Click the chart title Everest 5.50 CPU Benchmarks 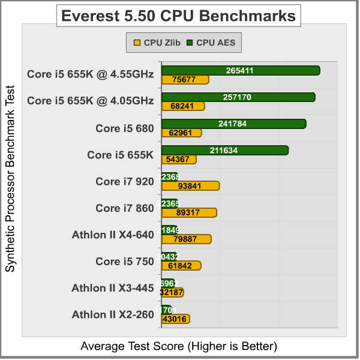click(x=178, y=16)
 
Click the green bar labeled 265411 click(x=240, y=71)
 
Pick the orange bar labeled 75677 click(x=185, y=80)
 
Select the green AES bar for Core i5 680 click(x=233, y=124)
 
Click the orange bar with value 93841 click(x=190, y=186)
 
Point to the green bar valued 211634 click(x=224, y=150)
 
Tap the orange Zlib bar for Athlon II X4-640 click(x=186, y=239)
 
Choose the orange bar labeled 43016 click(x=175, y=319)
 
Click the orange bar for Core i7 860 click(x=189, y=212)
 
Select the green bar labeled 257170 click(x=238, y=97)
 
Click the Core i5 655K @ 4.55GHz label click(x=91, y=75)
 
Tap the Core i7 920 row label click(x=125, y=181)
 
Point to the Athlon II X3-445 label click(x=113, y=287)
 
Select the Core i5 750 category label click(x=125, y=261)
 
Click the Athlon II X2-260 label click(x=113, y=314)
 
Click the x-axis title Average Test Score click(x=179, y=346)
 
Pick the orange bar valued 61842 click(x=181, y=266)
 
